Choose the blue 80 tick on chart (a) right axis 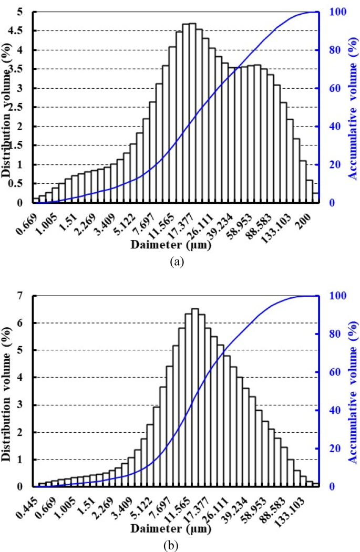(331, 50)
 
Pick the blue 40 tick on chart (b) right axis (331, 410)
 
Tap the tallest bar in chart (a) (192, 113)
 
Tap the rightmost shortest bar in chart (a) (316, 198)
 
